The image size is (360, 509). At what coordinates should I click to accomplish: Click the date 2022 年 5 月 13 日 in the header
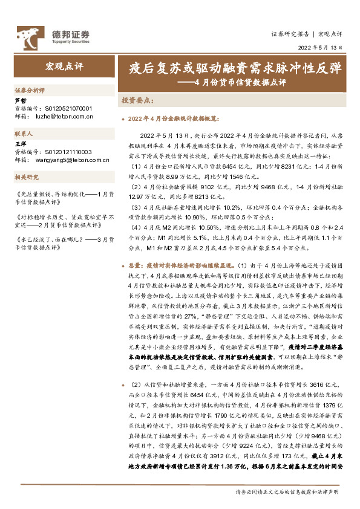click(320, 47)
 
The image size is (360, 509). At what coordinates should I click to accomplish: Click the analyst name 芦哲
click(21, 100)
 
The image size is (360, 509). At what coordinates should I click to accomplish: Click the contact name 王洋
click(21, 144)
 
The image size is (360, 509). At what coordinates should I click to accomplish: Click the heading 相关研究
click(26, 177)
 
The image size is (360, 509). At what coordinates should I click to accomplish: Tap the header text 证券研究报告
click(290, 34)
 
